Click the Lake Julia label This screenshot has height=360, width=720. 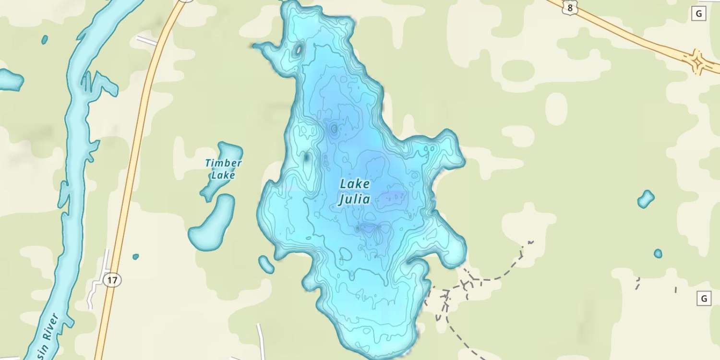[355, 192]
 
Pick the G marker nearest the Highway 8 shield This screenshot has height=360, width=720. [698, 14]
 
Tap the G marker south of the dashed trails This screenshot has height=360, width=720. [703, 299]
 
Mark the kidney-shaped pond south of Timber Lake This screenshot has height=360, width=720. [212, 223]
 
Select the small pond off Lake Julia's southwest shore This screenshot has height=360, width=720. [266, 264]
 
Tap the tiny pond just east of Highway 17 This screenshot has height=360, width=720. [135, 257]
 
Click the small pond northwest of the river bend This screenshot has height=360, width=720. [45, 39]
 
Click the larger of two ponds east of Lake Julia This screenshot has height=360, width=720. [646, 199]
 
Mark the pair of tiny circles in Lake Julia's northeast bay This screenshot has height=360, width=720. [429, 149]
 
